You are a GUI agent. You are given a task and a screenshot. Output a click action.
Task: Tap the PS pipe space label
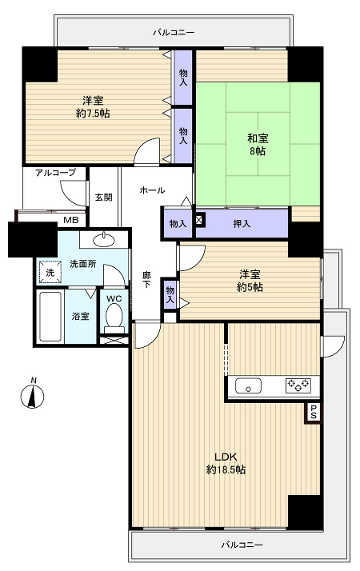[314, 413]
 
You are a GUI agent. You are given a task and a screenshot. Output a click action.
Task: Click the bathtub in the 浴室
[50, 316]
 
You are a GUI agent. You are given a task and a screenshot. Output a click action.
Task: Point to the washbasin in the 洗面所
[104, 240]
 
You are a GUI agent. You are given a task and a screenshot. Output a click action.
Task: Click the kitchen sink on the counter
[248, 385]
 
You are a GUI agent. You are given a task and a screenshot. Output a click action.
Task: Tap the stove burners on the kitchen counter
[298, 385]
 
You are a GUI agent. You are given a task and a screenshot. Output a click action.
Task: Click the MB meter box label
[71, 220]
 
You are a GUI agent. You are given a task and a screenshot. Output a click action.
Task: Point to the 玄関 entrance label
[104, 198]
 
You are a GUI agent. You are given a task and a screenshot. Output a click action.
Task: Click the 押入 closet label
[242, 224]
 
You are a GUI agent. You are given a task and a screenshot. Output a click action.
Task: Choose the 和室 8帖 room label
[258, 145]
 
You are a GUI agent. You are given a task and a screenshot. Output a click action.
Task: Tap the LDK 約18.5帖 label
[226, 463]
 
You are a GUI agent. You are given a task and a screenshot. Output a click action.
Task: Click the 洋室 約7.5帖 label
[93, 106]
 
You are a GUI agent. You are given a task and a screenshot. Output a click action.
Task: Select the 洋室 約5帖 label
[250, 281]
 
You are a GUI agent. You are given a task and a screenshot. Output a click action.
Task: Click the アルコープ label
[55, 172]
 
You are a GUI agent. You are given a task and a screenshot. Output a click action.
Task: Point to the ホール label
[152, 190]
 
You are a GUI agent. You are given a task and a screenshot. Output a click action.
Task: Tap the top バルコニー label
[174, 33]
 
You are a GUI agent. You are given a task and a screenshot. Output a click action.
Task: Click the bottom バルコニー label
[242, 545]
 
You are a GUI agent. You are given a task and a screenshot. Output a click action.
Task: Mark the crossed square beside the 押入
[201, 220]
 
